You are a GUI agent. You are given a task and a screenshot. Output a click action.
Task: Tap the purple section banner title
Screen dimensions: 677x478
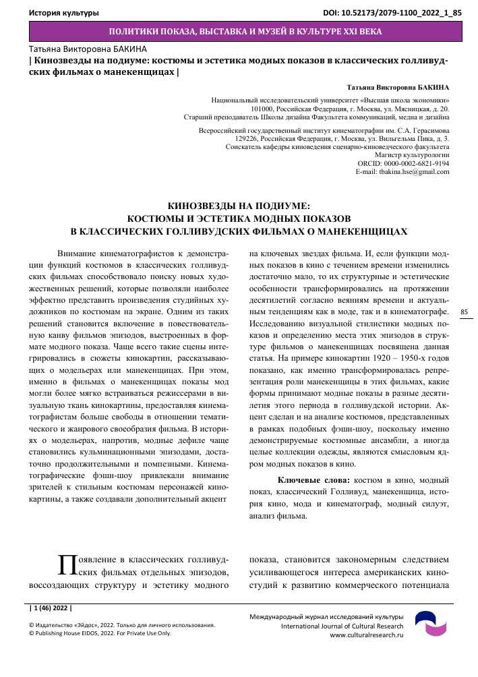pos(245,32)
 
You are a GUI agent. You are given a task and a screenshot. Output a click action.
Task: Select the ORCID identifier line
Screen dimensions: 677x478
pos(403,163)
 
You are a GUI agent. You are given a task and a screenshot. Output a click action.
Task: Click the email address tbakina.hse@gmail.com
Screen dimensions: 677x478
pos(402,172)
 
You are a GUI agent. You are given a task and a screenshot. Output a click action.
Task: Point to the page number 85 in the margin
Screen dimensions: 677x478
pos(464,293)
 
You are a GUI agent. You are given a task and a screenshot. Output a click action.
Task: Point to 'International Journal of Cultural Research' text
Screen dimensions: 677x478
pos(342,626)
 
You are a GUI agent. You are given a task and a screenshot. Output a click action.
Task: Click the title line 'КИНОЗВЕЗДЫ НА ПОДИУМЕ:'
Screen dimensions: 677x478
pos(239,206)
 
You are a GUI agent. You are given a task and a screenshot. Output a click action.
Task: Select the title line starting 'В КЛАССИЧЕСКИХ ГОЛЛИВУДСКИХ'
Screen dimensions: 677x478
pos(239,231)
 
